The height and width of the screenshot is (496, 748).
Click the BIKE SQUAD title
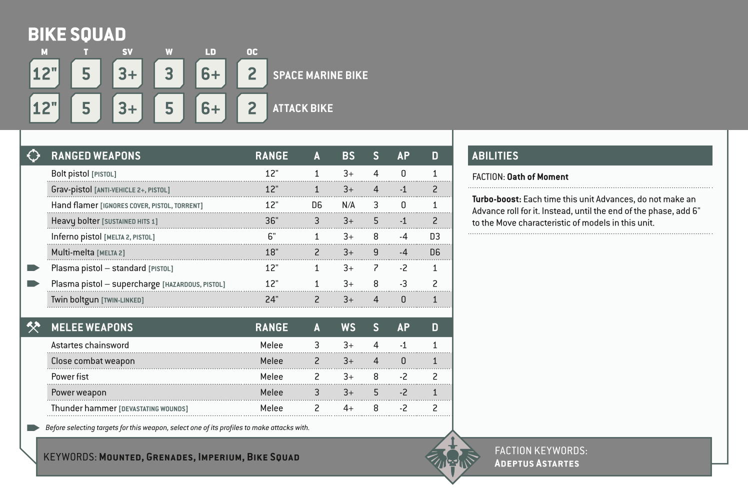point(77,34)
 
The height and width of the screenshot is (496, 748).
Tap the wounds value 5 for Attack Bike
point(169,108)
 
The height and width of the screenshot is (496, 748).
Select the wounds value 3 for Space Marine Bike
point(169,74)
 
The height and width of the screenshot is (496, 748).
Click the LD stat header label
point(210,52)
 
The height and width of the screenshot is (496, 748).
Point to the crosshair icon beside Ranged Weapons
point(33,155)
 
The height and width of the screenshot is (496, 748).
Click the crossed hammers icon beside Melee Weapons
point(33,327)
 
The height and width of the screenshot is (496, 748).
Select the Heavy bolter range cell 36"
point(271,221)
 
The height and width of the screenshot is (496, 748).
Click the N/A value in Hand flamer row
point(348,205)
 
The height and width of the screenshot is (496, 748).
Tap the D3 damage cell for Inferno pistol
point(434,236)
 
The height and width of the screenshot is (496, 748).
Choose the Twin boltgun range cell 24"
point(271,299)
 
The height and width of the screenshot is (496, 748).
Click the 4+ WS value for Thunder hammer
point(348,408)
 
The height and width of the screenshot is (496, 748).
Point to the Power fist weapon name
point(70,377)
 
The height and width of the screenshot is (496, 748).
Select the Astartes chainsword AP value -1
point(403,345)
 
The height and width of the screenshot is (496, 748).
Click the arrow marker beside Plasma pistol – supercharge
point(33,284)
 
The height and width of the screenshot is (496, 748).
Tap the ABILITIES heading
point(495,156)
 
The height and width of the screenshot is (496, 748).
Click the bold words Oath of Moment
point(537,177)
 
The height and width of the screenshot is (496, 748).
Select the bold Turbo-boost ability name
point(496,199)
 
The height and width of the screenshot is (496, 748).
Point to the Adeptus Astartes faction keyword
point(536,463)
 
